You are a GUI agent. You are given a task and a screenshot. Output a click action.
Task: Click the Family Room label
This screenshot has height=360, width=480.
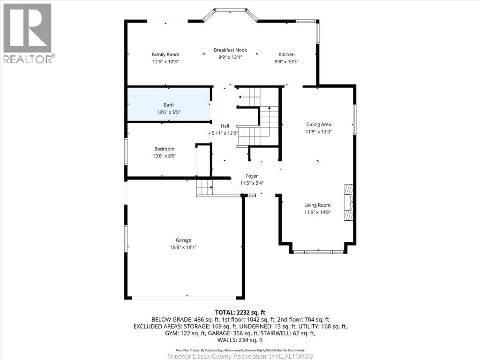(165, 54)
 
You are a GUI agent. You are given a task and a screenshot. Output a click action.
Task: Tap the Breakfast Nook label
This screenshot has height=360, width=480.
(230, 50)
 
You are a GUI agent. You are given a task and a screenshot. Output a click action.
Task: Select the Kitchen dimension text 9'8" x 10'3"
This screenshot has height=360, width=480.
(286, 61)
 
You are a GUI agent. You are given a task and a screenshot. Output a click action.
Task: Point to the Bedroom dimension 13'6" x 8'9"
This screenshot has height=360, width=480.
(165, 156)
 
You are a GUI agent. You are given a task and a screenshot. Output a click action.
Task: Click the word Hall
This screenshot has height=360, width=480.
(225, 126)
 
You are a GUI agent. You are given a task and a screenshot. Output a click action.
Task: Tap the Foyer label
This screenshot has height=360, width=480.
(252, 176)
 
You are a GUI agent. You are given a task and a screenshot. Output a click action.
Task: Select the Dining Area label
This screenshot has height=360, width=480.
(318, 124)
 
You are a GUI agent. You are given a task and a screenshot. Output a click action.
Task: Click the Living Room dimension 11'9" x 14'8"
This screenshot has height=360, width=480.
(317, 212)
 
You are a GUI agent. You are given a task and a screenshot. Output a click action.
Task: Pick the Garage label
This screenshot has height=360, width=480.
(183, 240)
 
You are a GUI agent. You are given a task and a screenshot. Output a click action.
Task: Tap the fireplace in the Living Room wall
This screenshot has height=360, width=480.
(348, 202)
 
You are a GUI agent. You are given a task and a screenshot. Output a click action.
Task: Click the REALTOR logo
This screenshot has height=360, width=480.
(28, 33)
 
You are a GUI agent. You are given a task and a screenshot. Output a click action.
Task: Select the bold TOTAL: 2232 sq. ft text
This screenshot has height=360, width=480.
(240, 312)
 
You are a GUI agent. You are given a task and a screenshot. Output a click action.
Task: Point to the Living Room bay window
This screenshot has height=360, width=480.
(317, 251)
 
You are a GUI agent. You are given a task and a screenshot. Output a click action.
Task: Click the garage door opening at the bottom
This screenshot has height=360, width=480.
(184, 297)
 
